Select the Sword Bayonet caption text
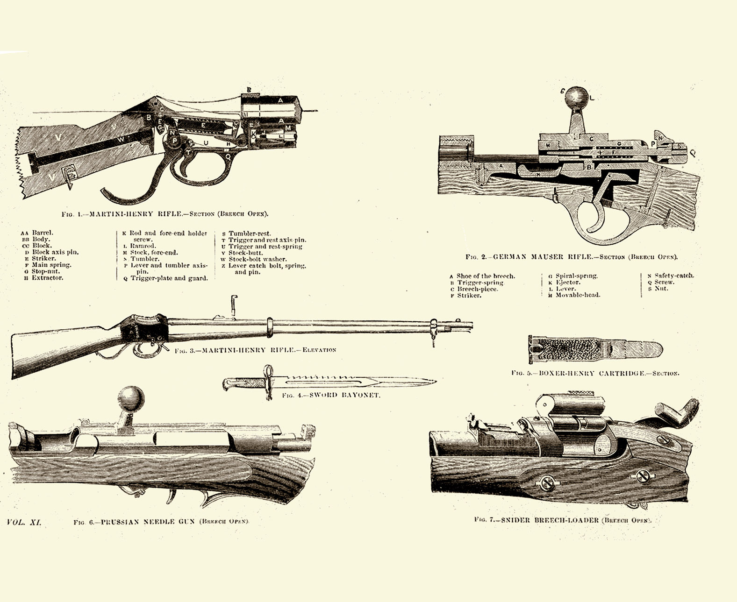pyautogui.click(x=331, y=395)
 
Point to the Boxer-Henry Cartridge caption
pyautogui.click(x=595, y=373)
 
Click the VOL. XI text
pyautogui.click(x=24, y=522)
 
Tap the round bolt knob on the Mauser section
pyautogui.click(x=578, y=99)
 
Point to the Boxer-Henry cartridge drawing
pyautogui.click(x=596, y=350)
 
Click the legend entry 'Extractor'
pyautogui.click(x=47, y=278)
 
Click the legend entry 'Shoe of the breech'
pyautogui.click(x=485, y=276)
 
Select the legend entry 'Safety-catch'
pyautogui.click(x=673, y=276)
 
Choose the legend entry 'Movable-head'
pyautogui.click(x=577, y=295)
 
